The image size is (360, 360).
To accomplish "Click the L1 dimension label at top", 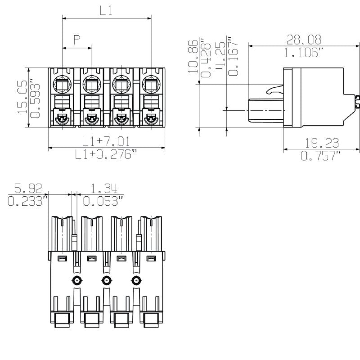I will tap(106, 11).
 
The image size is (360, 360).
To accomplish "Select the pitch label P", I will tap(77, 40).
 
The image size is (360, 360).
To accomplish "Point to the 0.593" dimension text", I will tap(34, 98).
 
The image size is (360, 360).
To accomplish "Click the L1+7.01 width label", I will tap(106, 141).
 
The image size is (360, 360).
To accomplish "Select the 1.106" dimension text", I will tap(304, 53).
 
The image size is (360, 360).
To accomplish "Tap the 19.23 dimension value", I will tap(322, 144).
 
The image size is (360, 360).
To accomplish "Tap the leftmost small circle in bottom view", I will tap(77, 281).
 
